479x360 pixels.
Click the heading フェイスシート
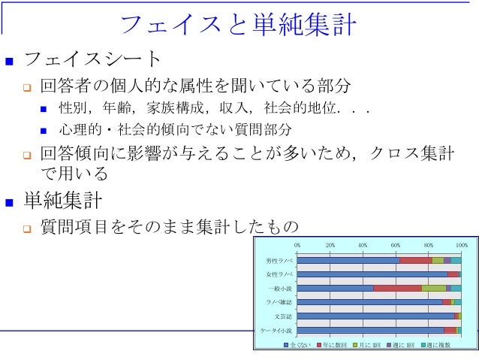click(x=93, y=59)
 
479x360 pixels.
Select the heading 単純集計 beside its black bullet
click(x=65, y=201)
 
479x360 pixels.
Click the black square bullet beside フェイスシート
click(x=10, y=59)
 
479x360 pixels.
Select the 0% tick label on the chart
click(x=297, y=245)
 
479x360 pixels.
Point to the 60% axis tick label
click(x=396, y=245)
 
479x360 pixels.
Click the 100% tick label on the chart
click(x=461, y=245)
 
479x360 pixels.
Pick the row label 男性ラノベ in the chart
click(x=279, y=260)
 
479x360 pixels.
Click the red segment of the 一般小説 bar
click(x=397, y=288)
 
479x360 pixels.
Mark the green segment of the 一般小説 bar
click(x=433, y=288)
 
